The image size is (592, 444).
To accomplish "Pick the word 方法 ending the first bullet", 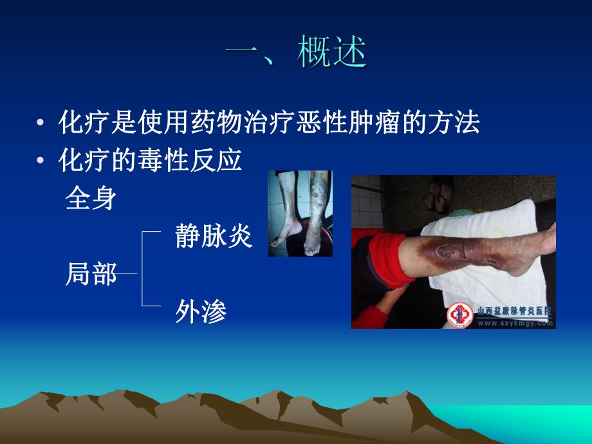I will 458,123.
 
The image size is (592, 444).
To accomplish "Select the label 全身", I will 91,199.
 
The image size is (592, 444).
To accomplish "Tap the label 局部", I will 91,275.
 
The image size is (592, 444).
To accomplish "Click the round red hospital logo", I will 459,315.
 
